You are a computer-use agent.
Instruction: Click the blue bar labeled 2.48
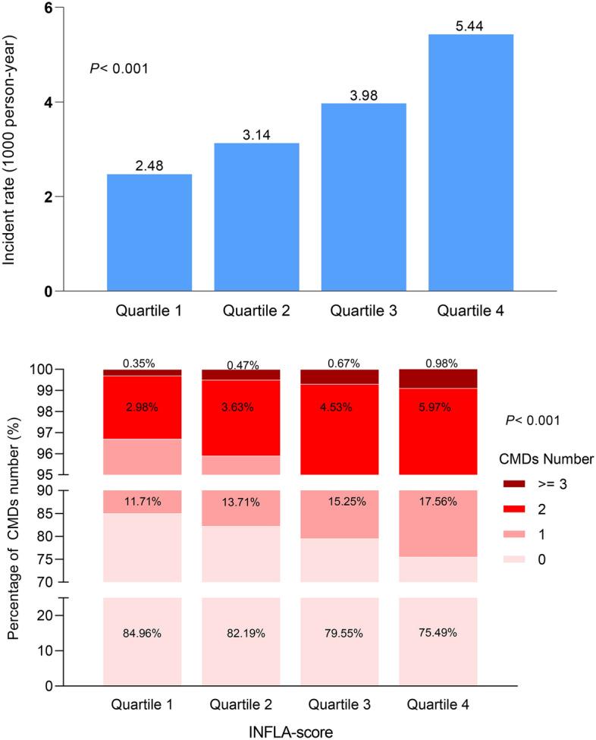[149, 232]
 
